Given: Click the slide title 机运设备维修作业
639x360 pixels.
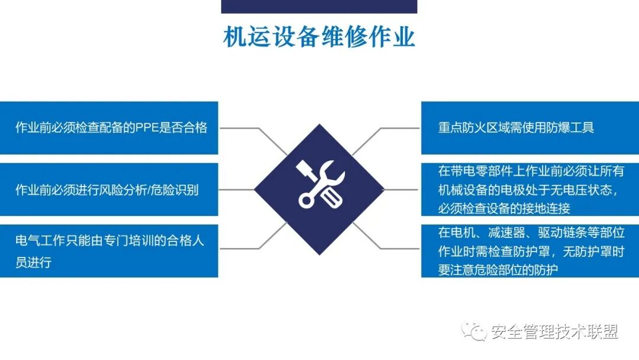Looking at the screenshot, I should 319,37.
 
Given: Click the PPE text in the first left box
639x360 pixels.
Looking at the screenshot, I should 145,127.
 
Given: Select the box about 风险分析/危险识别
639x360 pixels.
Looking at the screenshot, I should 109,189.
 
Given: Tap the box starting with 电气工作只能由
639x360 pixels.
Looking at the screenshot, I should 109,251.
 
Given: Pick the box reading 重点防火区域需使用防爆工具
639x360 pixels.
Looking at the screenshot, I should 530,127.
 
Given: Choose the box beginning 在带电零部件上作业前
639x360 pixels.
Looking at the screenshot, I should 530,189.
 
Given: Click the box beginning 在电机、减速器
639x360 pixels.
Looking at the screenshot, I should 530,251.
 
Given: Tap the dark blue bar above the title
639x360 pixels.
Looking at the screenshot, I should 319,7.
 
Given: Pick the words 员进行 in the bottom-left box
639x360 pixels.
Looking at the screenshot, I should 33,262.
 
